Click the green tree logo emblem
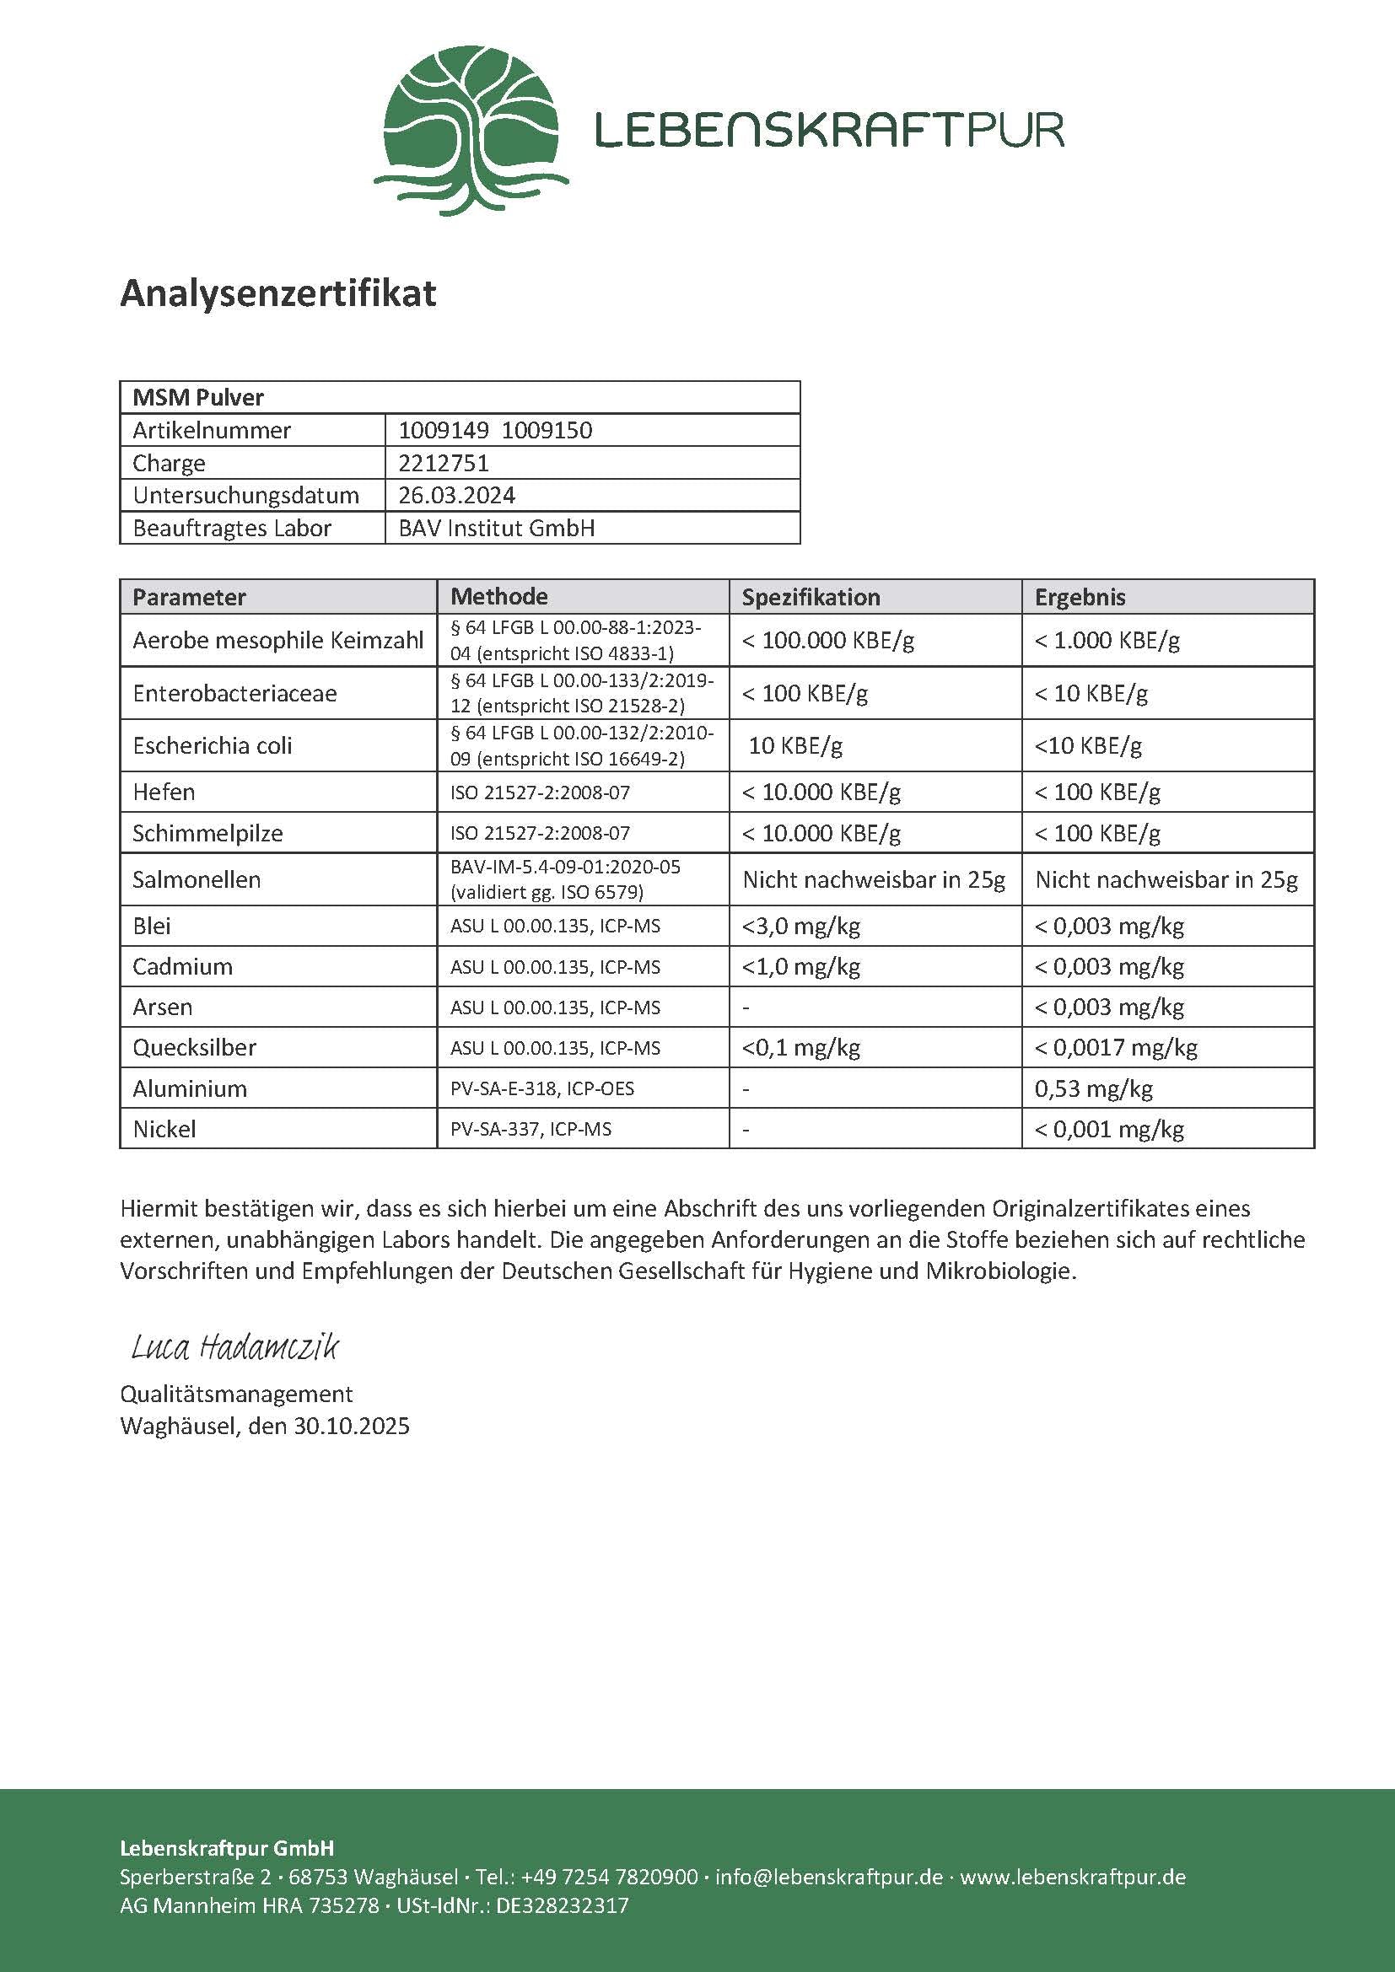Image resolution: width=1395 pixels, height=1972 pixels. pos(471,130)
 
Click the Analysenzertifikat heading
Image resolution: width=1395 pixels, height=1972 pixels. pos(278,293)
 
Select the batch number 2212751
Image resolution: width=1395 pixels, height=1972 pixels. pos(444,463)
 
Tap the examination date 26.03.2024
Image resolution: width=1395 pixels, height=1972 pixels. pos(456,496)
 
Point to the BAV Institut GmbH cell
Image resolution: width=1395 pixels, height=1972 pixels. pos(496,529)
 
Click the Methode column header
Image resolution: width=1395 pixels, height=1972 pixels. pos(499,596)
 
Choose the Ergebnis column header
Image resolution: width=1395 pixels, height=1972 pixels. pos(1080,597)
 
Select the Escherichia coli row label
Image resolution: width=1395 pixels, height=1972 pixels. pos(213,745)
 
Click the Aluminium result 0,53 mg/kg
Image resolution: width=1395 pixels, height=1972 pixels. pos(1092,1088)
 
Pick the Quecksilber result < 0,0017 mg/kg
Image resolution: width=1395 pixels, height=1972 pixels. pos(1115,1047)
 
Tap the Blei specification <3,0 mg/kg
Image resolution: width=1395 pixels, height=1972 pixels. pos(800,926)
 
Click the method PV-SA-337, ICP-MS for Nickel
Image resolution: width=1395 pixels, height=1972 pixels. pos(531,1129)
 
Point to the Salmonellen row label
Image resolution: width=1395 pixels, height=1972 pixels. pos(196,879)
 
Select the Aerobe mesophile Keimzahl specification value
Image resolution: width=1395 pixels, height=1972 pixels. pos(828,640)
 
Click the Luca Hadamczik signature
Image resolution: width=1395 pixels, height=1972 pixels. pos(234,1346)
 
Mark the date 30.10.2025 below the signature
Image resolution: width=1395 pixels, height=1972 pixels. pos(352,1427)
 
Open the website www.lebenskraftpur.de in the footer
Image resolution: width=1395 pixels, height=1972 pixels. pos(1072,1877)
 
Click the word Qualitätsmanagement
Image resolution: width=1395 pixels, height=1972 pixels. pos(236,1394)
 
